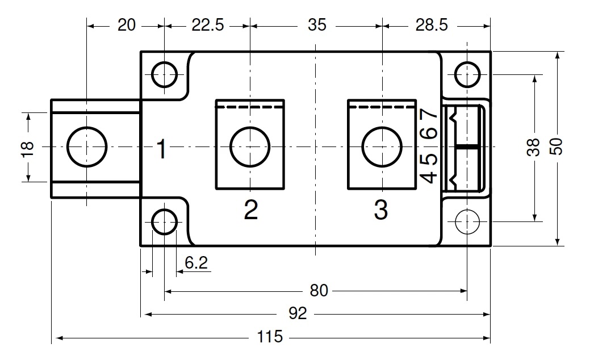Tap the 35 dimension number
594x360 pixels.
tap(316, 26)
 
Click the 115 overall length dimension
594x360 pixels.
tap(270, 337)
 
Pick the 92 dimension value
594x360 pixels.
tap(297, 313)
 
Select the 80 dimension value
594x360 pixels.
tap(319, 291)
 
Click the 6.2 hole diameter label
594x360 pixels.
tap(196, 262)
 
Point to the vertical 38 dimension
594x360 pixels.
tap(534, 148)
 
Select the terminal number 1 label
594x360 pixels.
tap(161, 150)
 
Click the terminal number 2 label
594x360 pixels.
tap(250, 210)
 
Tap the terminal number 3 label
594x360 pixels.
tap(381, 210)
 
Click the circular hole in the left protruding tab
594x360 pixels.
tap(86, 146)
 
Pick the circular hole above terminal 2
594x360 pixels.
tap(250, 146)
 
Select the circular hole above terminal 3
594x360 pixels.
tap(381, 146)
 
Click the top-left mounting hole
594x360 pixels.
tap(164, 74)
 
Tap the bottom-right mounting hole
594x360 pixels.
tap(467, 220)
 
